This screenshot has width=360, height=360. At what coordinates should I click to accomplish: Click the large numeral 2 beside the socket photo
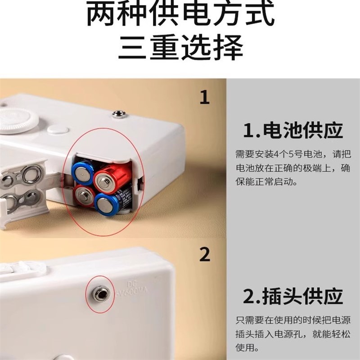(x=205, y=255)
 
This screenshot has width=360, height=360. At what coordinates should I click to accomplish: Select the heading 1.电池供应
(x=293, y=130)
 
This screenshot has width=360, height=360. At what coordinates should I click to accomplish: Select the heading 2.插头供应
(x=293, y=297)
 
